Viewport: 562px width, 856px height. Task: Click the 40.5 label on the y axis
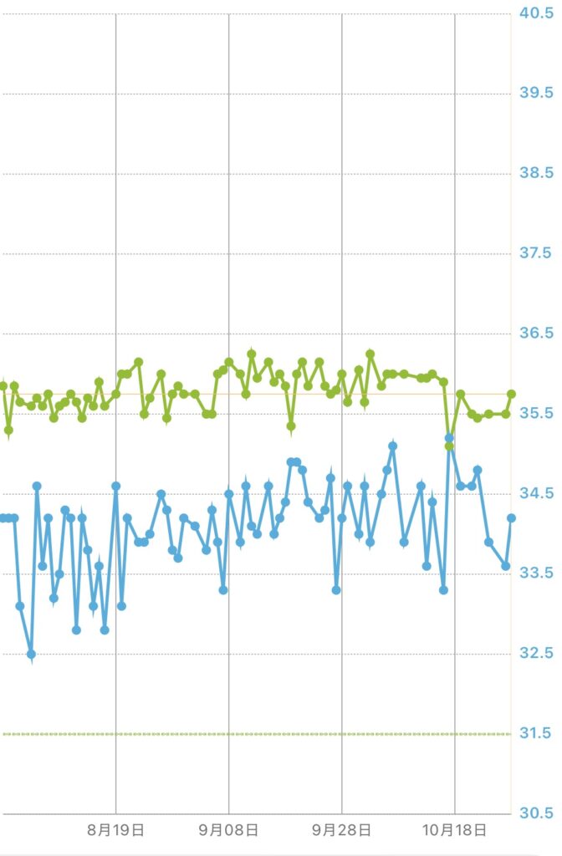click(x=537, y=13)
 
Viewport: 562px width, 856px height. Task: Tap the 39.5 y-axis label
click(x=537, y=93)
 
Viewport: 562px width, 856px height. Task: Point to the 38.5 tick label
click(x=537, y=173)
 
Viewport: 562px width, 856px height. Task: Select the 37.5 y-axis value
click(x=537, y=253)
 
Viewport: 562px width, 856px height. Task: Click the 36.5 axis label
click(x=537, y=334)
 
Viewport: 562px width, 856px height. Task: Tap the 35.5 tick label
click(x=537, y=414)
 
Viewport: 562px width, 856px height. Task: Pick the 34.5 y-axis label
click(x=537, y=494)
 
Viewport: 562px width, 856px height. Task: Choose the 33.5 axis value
click(x=537, y=573)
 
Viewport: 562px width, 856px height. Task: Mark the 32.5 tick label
click(x=537, y=654)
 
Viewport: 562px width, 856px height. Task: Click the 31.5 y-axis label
click(x=537, y=734)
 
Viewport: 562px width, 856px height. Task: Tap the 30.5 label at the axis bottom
click(x=537, y=813)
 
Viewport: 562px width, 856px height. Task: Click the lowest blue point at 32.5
click(x=31, y=654)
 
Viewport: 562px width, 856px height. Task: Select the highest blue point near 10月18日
click(x=449, y=437)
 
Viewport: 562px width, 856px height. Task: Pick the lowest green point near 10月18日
click(x=449, y=446)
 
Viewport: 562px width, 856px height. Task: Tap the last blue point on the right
click(x=511, y=518)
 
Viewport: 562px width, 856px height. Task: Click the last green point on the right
click(x=511, y=394)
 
